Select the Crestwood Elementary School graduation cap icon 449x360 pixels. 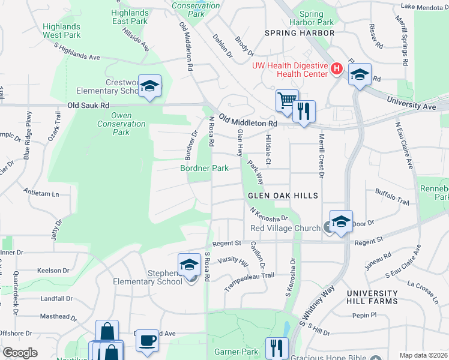(x=149, y=85)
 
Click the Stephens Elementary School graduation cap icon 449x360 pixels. (x=189, y=263)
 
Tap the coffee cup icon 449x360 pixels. (x=146, y=340)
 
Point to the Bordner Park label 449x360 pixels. (x=205, y=169)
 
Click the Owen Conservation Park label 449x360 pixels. (x=121, y=124)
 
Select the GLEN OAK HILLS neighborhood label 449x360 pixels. (x=283, y=196)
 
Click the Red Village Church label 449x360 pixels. (x=285, y=228)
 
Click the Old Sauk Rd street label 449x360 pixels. (x=88, y=104)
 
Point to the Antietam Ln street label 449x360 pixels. (x=41, y=194)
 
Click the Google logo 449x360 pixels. (x=20, y=353)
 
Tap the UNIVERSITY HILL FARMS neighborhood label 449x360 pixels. (x=372, y=296)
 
